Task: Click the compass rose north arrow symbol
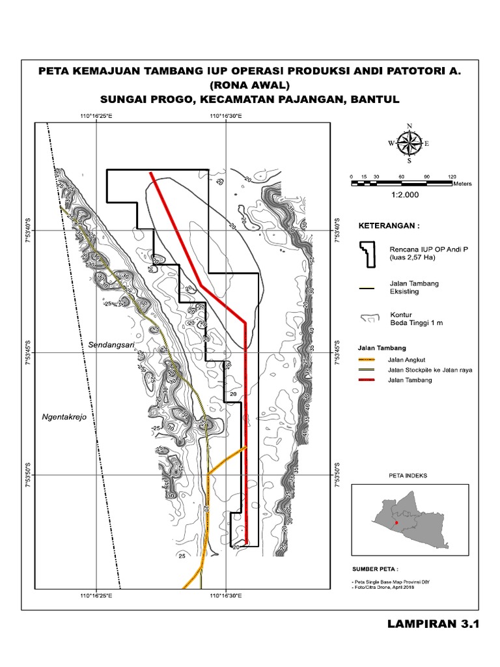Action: coord(409,143)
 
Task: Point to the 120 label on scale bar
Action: coord(452,177)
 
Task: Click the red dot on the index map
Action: coord(397,522)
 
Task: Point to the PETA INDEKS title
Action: coord(408,476)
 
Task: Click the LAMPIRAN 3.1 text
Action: coord(432,624)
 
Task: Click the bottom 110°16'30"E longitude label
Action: coord(226,595)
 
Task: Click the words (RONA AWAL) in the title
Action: coord(249,85)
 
